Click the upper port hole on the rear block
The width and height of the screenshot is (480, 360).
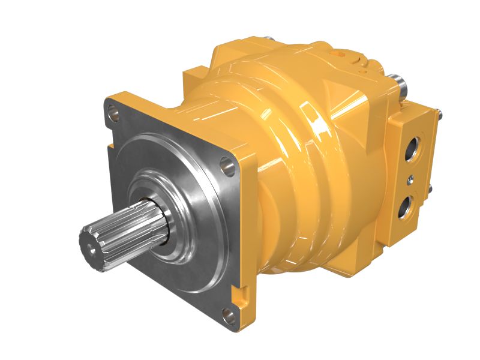[x=413, y=147]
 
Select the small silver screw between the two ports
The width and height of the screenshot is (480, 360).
[x=410, y=178]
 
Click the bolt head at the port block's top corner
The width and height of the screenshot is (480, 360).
[x=440, y=113]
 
